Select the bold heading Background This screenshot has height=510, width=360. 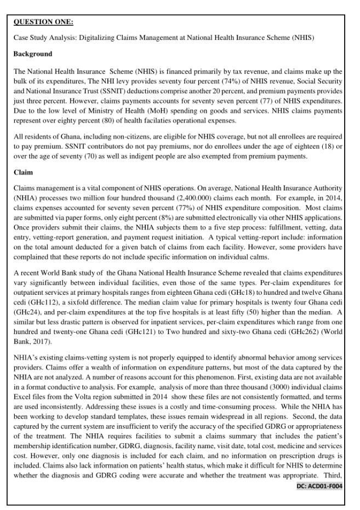click(33, 54)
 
